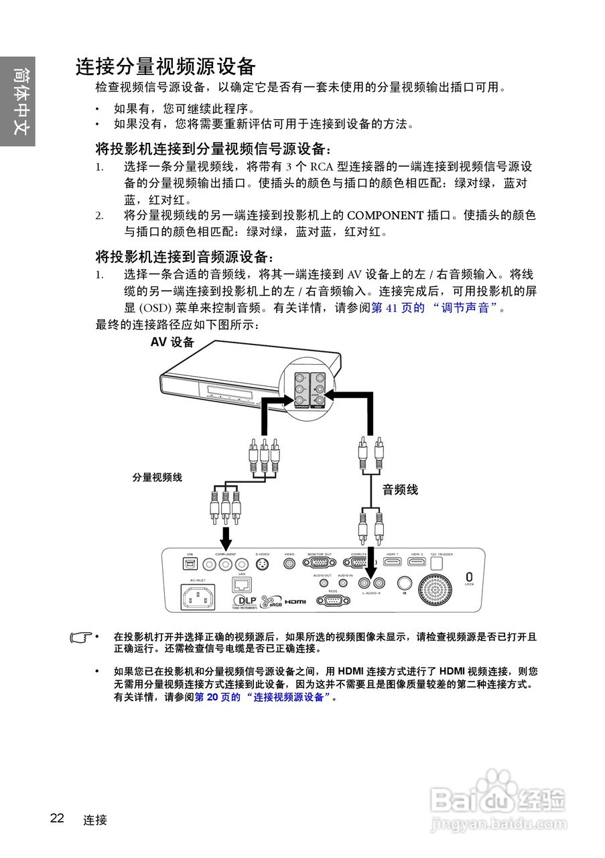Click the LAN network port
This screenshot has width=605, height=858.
(241, 584)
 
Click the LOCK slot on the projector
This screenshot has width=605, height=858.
(469, 576)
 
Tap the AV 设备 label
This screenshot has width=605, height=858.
(172, 343)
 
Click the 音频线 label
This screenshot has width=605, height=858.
(400, 490)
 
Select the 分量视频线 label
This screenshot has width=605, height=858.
(157, 477)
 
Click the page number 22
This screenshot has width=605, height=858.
(57, 818)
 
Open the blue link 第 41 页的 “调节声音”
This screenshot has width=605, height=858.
(436, 308)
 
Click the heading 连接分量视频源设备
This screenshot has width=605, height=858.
(165, 67)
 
